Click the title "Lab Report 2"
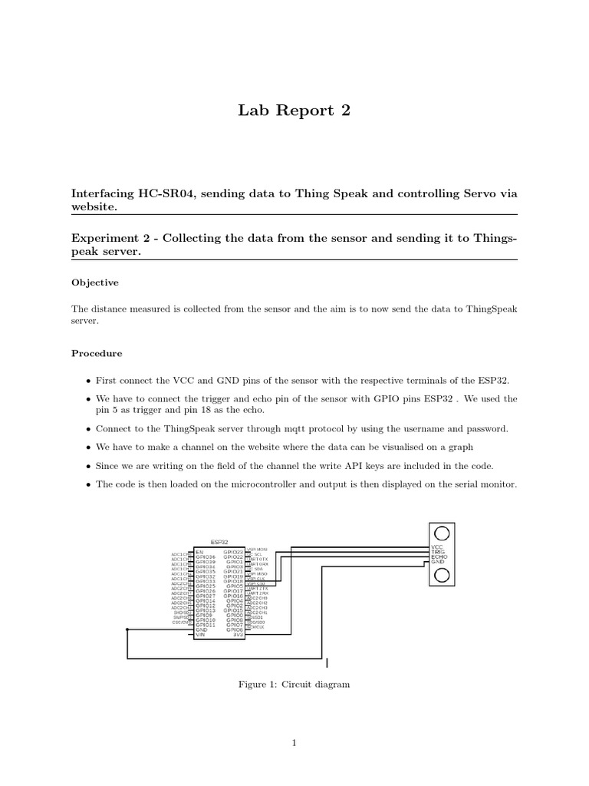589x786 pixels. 294,111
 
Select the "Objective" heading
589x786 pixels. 95,282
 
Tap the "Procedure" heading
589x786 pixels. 97,354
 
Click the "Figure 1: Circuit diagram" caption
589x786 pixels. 294,684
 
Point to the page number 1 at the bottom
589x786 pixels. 294,742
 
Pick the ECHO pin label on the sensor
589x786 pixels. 439,558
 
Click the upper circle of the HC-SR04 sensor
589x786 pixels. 442,533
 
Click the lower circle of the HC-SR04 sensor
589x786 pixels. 442,577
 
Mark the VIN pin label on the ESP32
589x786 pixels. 200,635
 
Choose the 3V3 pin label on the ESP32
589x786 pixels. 238,635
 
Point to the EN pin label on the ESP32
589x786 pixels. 199,551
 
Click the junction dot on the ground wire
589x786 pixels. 127,629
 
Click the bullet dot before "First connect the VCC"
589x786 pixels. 88,381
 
